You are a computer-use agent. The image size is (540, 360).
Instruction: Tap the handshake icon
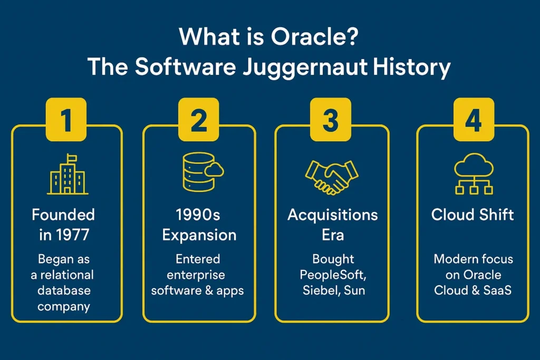pyautogui.click(x=332, y=175)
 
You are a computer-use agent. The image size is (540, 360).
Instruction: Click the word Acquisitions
pyautogui.click(x=332, y=215)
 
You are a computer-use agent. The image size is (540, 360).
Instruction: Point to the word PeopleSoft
pyautogui.click(x=332, y=274)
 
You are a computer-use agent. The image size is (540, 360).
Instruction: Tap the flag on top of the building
pyautogui.click(x=70, y=158)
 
